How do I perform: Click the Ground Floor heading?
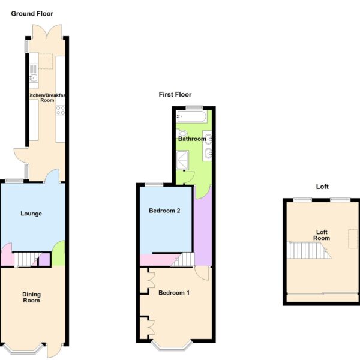32,14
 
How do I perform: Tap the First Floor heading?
175,95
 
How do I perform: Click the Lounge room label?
31,214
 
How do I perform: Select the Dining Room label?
31,298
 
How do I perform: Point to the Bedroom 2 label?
164,211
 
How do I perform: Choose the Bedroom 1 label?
174,293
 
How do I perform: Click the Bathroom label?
192,139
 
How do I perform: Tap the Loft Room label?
322,235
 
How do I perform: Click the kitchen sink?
34,78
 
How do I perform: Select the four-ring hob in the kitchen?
61,110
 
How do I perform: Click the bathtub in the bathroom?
192,116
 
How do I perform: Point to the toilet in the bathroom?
182,133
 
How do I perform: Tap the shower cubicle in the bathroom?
182,160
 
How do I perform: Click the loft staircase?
309,250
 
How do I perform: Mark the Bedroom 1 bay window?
172,346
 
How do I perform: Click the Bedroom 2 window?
154,184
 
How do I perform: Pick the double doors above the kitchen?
47,32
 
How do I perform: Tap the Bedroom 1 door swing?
202,273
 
